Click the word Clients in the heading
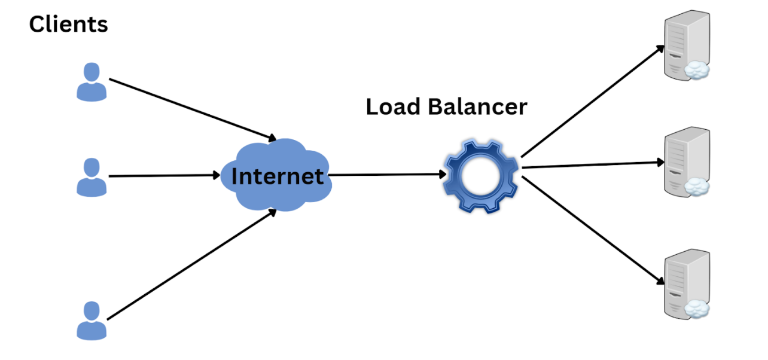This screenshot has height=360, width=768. point(68,25)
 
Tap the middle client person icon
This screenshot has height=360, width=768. point(92,177)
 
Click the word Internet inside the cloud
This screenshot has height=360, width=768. point(277,177)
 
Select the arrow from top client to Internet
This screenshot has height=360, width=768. point(191,108)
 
